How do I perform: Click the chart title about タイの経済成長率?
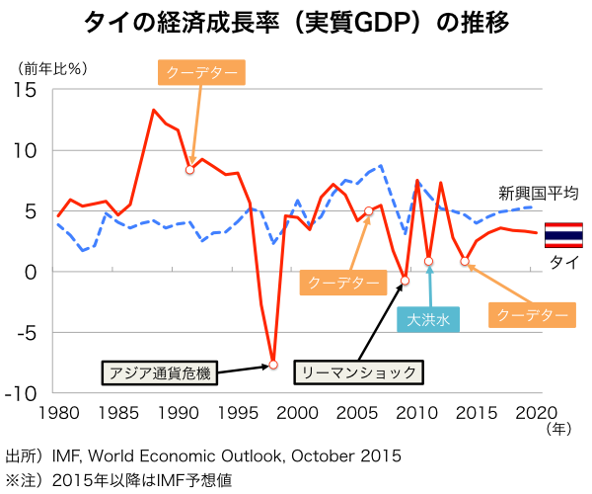(x=296, y=23)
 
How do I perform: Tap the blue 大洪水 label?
(x=429, y=318)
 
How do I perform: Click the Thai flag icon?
(x=563, y=235)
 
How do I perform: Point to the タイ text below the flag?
(x=562, y=262)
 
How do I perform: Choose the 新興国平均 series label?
(x=538, y=193)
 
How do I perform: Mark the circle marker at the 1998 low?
(x=273, y=365)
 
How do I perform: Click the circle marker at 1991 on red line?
(x=189, y=170)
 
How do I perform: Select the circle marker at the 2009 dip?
(x=405, y=282)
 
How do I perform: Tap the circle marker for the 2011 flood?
(x=429, y=262)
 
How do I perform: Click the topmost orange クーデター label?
(x=201, y=72)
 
